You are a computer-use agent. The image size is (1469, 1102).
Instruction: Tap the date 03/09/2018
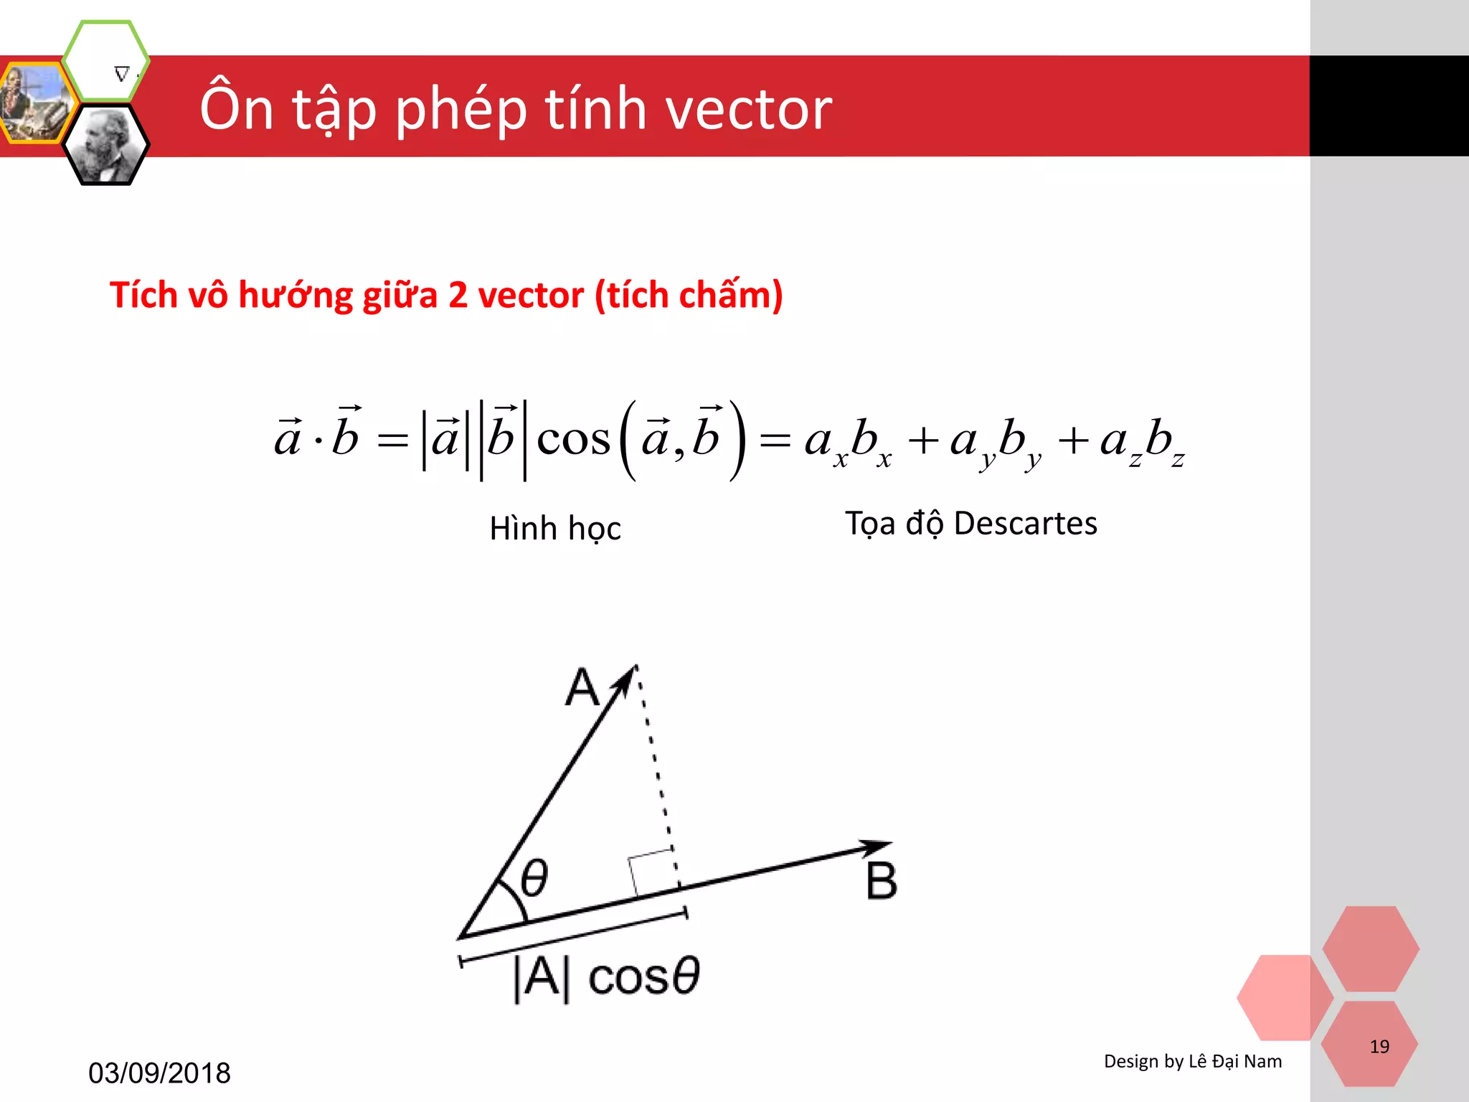click(x=159, y=1073)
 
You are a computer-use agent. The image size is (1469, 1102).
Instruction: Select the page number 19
click(x=1379, y=1047)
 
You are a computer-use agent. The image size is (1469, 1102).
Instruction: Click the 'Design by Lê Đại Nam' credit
click(x=1192, y=1061)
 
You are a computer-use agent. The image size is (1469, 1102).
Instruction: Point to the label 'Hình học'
click(x=554, y=528)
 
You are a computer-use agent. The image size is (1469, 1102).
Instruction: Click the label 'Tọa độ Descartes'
click(x=970, y=523)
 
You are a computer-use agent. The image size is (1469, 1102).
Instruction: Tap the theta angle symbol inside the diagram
click(x=534, y=877)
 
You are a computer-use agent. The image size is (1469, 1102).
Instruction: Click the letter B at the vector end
click(x=881, y=881)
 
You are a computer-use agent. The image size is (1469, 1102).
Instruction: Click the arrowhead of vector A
click(x=628, y=677)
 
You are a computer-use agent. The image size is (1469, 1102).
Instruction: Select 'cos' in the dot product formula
click(x=573, y=438)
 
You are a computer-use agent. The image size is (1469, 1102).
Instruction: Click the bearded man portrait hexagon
click(x=106, y=146)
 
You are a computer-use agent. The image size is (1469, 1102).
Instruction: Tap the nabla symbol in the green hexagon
click(x=122, y=73)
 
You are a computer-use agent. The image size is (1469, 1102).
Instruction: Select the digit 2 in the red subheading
click(x=458, y=295)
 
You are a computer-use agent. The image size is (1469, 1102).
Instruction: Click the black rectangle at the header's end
click(x=1389, y=105)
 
